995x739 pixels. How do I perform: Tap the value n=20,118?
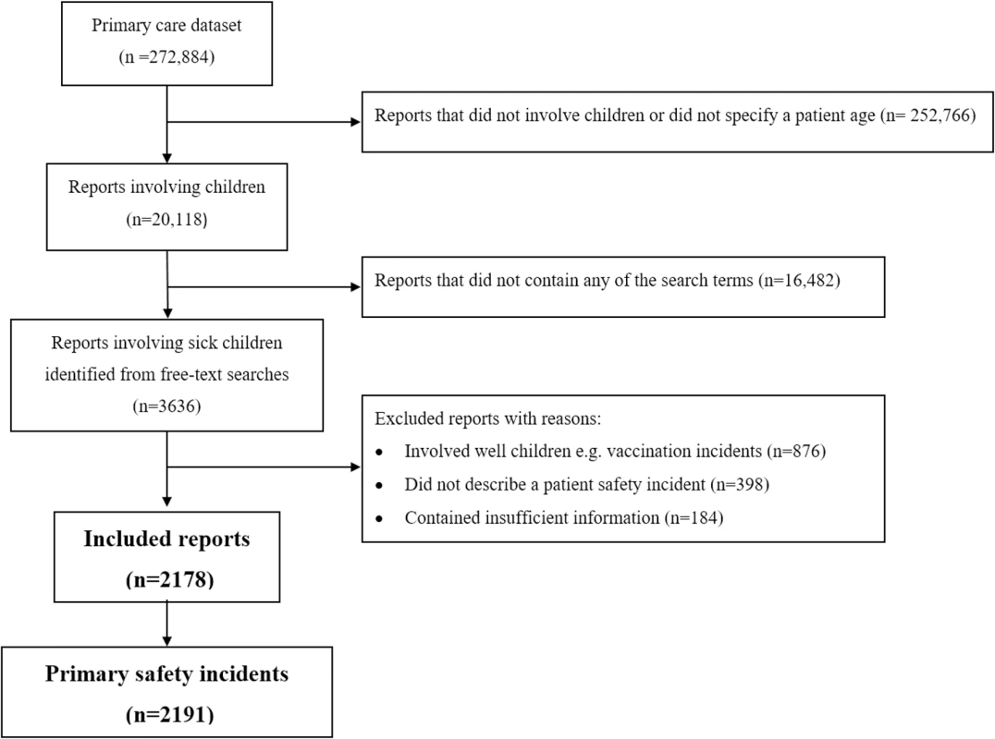click(166, 219)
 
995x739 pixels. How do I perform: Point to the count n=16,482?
click(800, 280)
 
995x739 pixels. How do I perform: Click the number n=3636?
click(166, 406)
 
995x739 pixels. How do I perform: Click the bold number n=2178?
click(170, 579)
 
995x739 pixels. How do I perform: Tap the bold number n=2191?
click(170, 714)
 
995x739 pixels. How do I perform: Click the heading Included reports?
click(166, 539)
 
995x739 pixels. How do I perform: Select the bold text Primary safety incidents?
click(166, 673)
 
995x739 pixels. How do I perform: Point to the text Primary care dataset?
click(166, 25)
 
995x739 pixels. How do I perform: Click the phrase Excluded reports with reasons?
click(487, 418)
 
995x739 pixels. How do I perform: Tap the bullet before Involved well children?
click(379, 453)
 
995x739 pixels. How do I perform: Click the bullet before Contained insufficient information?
click(379, 519)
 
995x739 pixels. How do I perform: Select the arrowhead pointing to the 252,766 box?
click(355, 122)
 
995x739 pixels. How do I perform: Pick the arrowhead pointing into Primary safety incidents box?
click(166, 641)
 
